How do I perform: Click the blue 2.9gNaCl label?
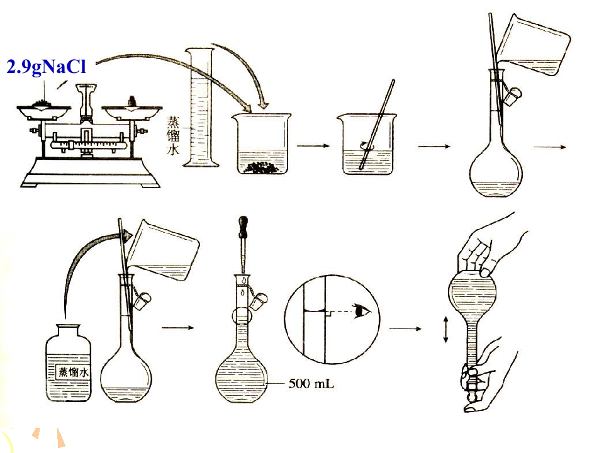coord(46,67)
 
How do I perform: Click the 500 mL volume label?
coord(311,383)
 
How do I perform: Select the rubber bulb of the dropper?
coord(243,226)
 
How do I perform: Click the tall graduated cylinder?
coord(201,107)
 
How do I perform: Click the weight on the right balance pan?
coord(133,101)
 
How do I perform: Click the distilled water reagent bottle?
coord(69,362)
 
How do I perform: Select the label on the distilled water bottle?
coord(73,372)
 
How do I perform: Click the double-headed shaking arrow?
coord(445,329)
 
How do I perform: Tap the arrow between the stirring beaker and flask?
coord(434,147)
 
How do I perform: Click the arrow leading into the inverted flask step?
coord(405,328)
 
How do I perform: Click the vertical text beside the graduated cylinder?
coord(173,135)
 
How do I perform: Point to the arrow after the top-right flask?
coord(550,147)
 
